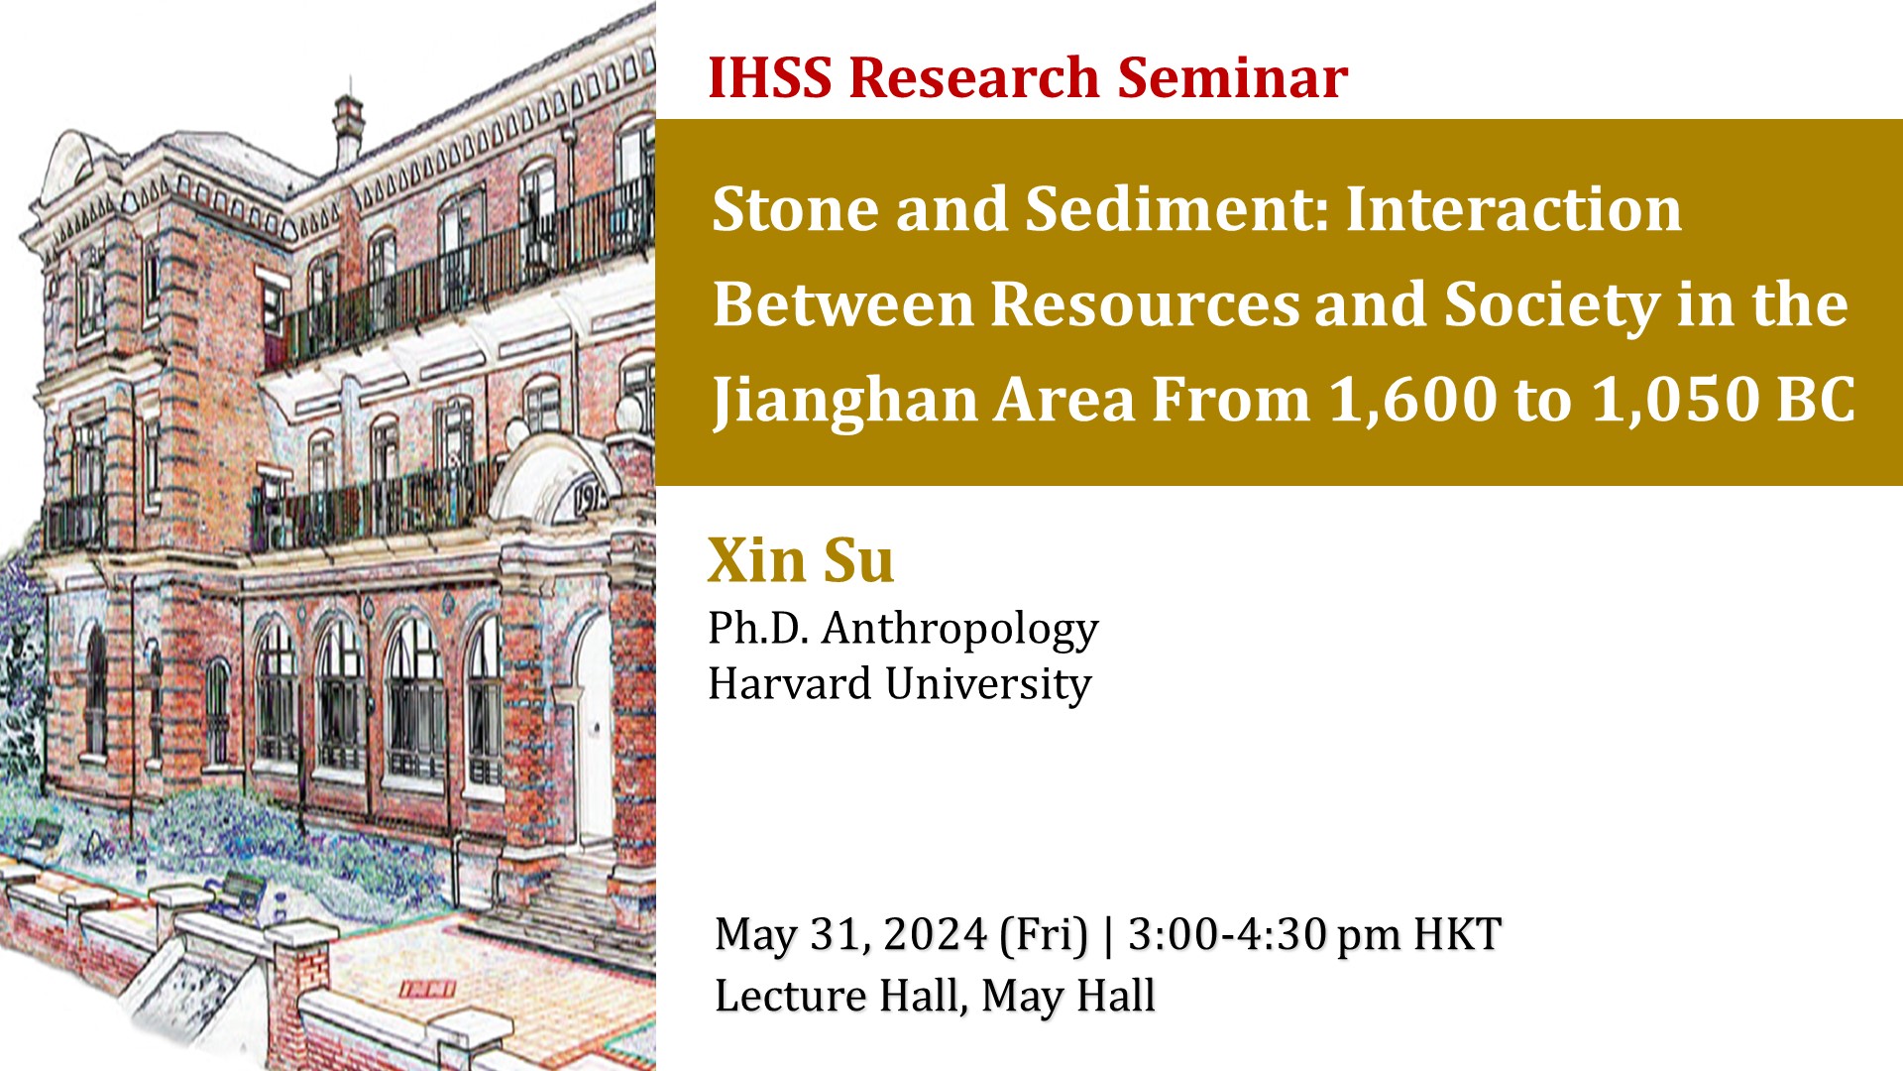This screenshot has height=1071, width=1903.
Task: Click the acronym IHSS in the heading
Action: point(770,77)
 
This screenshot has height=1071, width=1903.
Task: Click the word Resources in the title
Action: point(1145,303)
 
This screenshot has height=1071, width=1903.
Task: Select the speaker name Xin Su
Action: point(801,560)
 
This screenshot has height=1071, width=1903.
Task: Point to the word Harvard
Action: point(790,683)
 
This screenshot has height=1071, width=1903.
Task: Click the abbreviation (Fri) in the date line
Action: point(1044,935)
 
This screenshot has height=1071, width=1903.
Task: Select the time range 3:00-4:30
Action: point(1226,934)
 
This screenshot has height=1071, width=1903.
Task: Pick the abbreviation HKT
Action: point(1457,934)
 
